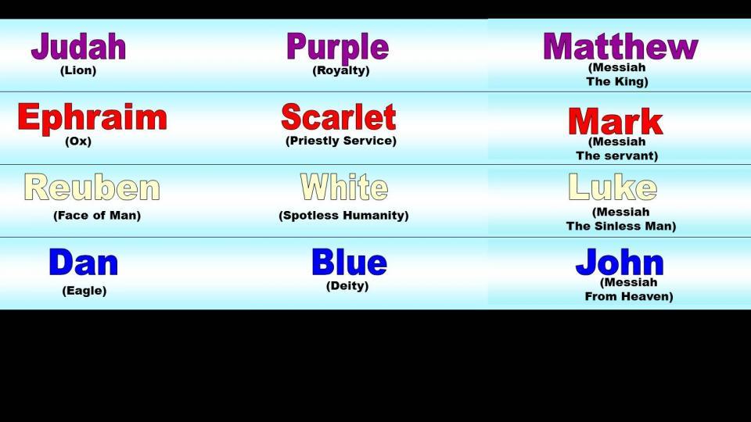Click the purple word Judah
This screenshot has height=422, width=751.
(78, 46)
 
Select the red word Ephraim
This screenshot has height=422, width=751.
(92, 117)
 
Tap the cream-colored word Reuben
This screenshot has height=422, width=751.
(92, 187)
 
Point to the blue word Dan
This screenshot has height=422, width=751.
(84, 263)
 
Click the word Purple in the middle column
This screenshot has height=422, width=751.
(338, 48)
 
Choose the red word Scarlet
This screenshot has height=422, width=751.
(339, 116)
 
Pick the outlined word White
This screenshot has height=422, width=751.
(344, 187)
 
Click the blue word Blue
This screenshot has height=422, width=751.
(349, 263)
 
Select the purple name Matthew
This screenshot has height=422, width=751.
(620, 46)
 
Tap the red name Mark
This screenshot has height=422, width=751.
(616, 121)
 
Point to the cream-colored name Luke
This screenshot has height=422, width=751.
(613, 187)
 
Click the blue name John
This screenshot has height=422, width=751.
(620, 263)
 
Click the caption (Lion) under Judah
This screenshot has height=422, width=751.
(78, 70)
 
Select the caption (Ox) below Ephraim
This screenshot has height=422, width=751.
(78, 141)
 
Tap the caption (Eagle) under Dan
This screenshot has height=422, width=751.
(84, 291)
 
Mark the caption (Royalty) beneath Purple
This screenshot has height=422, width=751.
(341, 71)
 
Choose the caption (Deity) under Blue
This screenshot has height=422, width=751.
(347, 286)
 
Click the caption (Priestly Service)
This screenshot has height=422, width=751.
(341, 141)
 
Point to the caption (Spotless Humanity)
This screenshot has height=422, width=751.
(344, 216)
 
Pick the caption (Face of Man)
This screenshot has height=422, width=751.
(97, 216)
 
